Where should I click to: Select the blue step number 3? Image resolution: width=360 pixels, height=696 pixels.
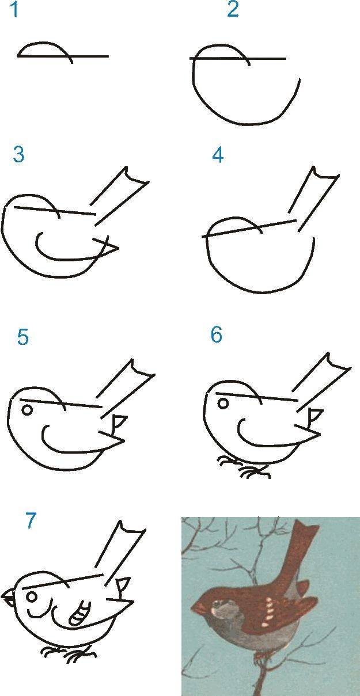coord(18,154)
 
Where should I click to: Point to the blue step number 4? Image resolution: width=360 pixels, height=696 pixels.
coord(218,155)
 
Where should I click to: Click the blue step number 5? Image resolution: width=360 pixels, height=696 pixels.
coord(22,337)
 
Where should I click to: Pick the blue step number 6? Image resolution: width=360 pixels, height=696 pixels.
coord(217,334)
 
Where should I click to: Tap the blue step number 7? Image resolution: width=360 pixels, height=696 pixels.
coord(31,520)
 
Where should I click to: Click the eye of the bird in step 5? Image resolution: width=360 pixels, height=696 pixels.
coord(27,410)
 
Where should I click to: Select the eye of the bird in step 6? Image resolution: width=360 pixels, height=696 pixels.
coord(222,404)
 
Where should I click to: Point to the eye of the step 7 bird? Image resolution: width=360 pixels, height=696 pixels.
coord(32,596)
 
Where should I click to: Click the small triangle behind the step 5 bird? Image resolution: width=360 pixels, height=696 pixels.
coord(119,421)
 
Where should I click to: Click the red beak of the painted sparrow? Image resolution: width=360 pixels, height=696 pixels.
coord(198,607)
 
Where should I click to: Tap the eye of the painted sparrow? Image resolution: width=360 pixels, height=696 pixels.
coord(217,604)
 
